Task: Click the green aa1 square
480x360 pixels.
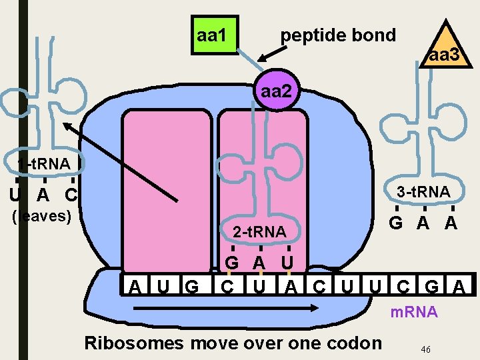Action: pyautogui.click(x=211, y=35)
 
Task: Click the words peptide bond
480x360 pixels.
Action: pyautogui.click(x=338, y=35)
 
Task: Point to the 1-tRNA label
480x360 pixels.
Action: pyautogui.click(x=44, y=163)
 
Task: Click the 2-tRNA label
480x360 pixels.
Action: pyautogui.click(x=259, y=231)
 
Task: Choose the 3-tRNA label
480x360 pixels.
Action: pyautogui.click(x=423, y=192)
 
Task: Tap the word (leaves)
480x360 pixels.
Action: pyautogui.click(x=43, y=216)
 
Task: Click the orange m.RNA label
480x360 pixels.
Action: pyautogui.click(x=414, y=311)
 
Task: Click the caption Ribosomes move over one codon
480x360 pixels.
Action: pyautogui.click(x=233, y=343)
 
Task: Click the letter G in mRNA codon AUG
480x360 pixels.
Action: pyautogui.click(x=192, y=288)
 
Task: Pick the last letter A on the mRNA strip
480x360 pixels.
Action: pyautogui.click(x=459, y=288)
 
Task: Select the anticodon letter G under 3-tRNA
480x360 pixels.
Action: pyautogui.click(x=396, y=223)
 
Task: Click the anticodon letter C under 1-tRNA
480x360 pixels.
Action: pyautogui.click(x=71, y=195)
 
